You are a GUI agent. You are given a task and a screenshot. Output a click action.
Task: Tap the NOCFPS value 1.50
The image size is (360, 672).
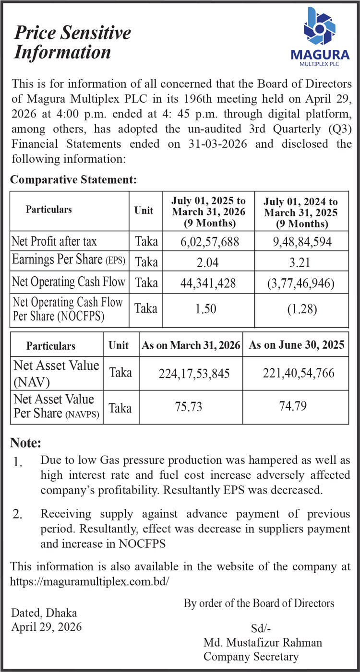(208, 309)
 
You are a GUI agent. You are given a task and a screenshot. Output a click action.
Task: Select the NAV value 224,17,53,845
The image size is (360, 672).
(191, 373)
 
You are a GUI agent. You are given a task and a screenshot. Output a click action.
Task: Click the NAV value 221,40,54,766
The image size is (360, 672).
(296, 373)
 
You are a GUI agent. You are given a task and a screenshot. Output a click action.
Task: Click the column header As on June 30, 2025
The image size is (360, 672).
(296, 346)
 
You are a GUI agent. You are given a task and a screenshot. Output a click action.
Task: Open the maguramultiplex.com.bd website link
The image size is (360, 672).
(90, 581)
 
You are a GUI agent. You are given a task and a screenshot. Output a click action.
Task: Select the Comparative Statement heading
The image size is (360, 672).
(74, 180)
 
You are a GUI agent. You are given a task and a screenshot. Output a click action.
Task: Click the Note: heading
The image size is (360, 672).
(26, 442)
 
